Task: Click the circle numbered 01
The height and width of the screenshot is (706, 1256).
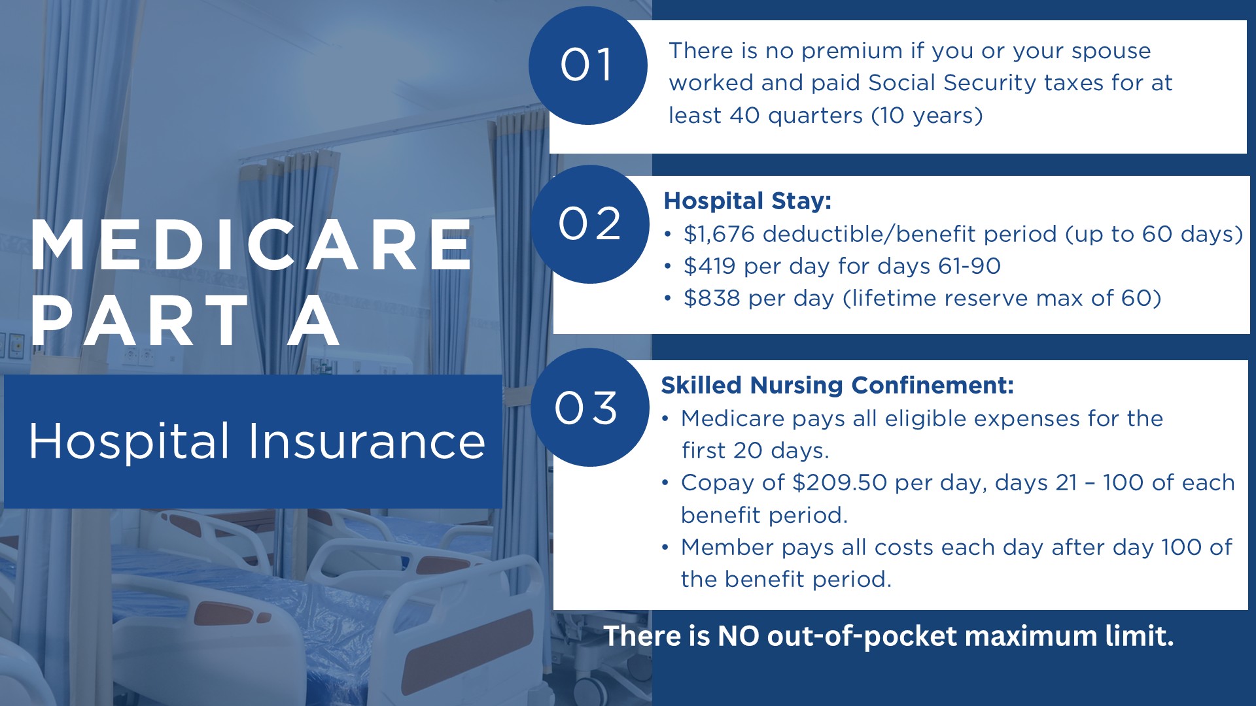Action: pyautogui.click(x=588, y=65)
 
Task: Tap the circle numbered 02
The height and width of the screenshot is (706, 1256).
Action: pyautogui.click(x=590, y=224)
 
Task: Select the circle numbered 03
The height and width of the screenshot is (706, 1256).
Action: pyautogui.click(x=590, y=407)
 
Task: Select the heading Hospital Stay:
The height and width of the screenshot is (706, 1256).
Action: pyautogui.click(x=747, y=201)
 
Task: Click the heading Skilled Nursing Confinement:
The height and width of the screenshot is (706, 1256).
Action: pyautogui.click(x=837, y=386)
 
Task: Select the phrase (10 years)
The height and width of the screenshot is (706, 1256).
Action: pyautogui.click(x=927, y=116)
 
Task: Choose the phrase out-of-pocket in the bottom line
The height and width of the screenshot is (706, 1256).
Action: pyautogui.click(x=862, y=637)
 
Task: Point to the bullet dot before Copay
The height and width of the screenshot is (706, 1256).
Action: pyautogui.click(x=665, y=483)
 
